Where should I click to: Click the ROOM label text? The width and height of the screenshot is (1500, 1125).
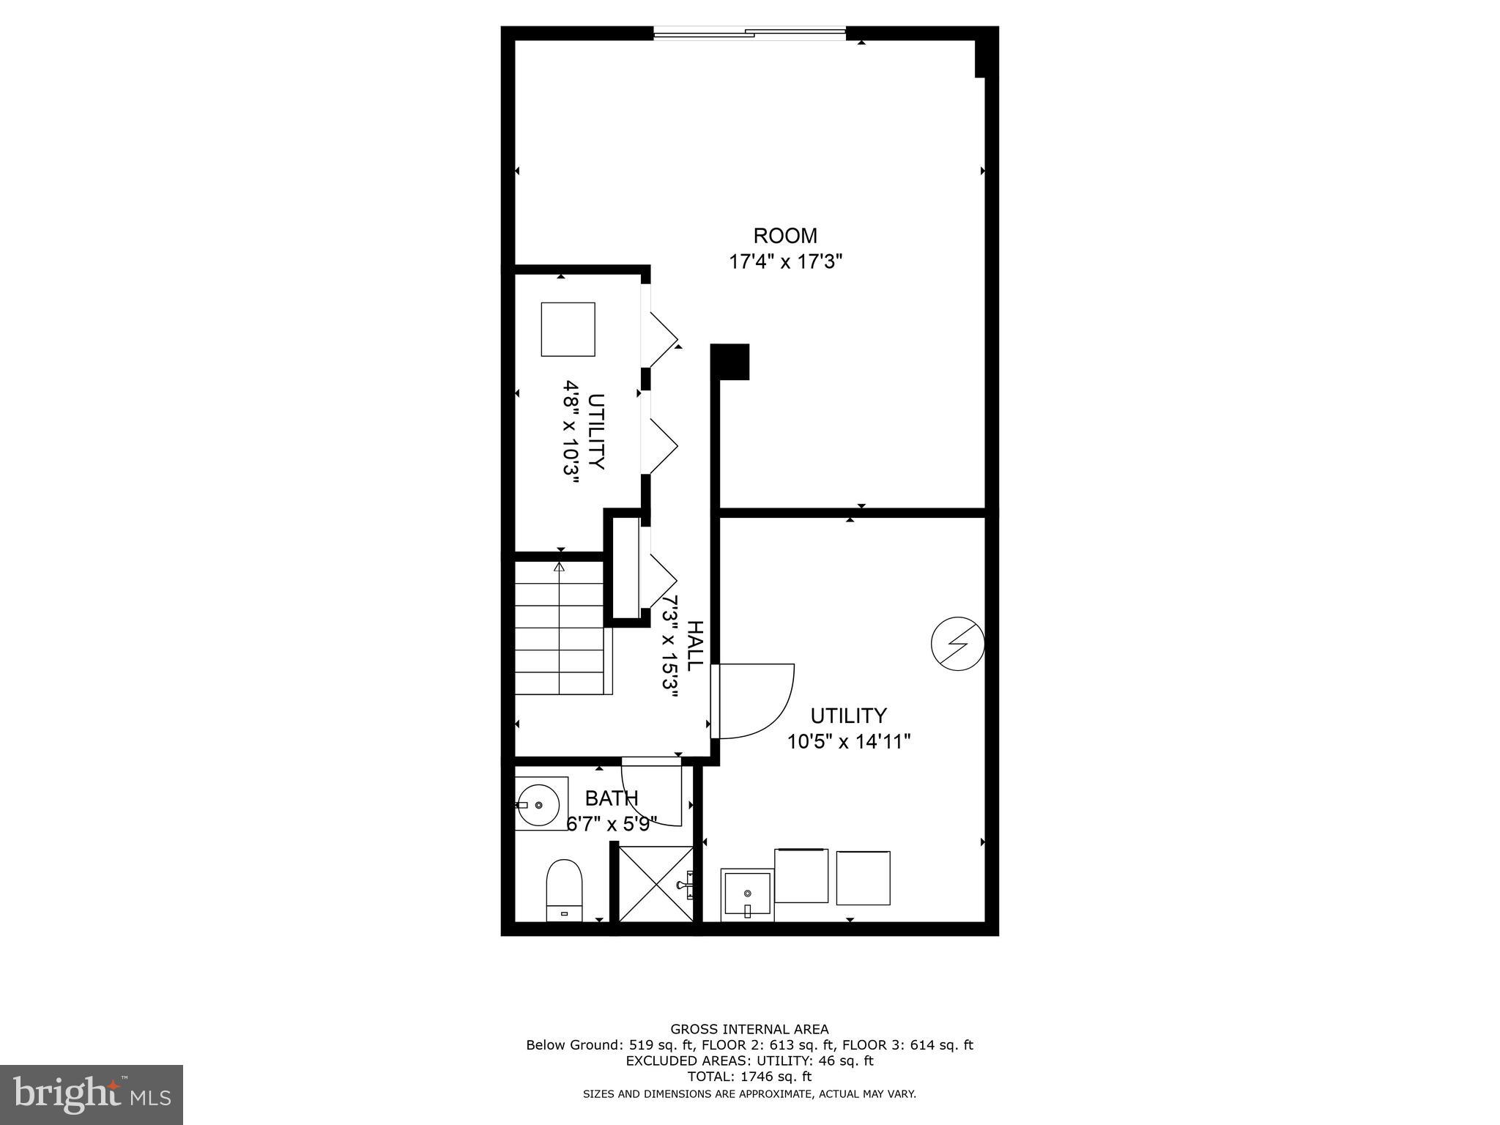click(x=785, y=236)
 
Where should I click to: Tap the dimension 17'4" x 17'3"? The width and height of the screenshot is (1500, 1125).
click(x=785, y=262)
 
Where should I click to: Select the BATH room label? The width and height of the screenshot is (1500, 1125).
click(x=612, y=798)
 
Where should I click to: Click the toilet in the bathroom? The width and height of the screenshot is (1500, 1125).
click(x=564, y=889)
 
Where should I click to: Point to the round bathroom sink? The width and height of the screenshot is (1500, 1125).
click(x=541, y=804)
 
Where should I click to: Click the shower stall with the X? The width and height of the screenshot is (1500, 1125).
click(x=656, y=883)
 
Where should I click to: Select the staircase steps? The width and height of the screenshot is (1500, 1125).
click(x=561, y=628)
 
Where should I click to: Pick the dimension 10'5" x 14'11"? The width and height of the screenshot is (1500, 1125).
click(x=849, y=742)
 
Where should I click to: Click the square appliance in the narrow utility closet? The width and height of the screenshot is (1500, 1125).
click(x=568, y=329)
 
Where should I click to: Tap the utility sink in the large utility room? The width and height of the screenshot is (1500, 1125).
click(x=747, y=894)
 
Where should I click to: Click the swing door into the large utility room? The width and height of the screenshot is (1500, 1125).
click(x=754, y=702)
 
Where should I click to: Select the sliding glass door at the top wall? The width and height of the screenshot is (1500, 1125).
click(x=749, y=32)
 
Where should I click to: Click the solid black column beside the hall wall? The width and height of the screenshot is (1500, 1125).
click(x=731, y=362)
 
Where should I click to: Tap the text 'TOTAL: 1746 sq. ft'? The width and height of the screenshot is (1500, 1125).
click(x=749, y=1077)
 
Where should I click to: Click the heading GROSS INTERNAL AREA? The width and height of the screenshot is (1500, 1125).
click(x=749, y=1029)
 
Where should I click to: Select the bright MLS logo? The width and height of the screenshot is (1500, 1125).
click(x=92, y=1095)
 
